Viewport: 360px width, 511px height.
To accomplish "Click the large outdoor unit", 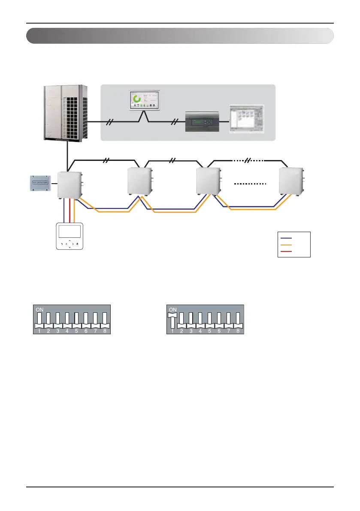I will click(x=66, y=112).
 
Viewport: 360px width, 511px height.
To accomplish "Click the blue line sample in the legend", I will click(x=286, y=237).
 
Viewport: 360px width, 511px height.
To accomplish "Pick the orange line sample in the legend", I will click(x=286, y=245).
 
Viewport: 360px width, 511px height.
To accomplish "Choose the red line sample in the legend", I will click(x=286, y=251).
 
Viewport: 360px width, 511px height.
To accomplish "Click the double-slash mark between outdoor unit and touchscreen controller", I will click(x=110, y=122).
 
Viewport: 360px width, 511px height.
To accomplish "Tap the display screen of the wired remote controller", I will click(x=70, y=232).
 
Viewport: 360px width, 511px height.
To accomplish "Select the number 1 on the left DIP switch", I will click(x=39, y=331).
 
